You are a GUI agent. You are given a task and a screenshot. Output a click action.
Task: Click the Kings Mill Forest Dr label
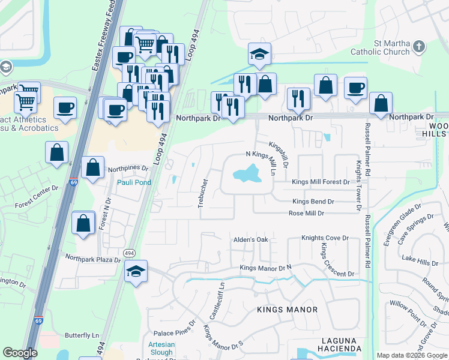pos(320,182)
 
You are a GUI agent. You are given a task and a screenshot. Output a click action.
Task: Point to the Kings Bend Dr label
pos(313,202)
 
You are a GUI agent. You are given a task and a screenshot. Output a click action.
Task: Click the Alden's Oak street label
pos(250,240)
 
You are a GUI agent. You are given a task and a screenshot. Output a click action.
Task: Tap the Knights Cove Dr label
pos(325,238)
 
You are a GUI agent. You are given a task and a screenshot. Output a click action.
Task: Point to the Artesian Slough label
pos(160,348)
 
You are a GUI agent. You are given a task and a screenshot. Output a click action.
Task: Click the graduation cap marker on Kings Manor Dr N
pos(136,271)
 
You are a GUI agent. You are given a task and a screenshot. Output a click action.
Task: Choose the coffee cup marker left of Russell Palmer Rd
pos(355,88)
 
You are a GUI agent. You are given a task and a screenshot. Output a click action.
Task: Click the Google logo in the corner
pos(20,353)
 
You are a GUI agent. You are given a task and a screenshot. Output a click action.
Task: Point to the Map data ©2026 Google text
pos(412,355)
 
